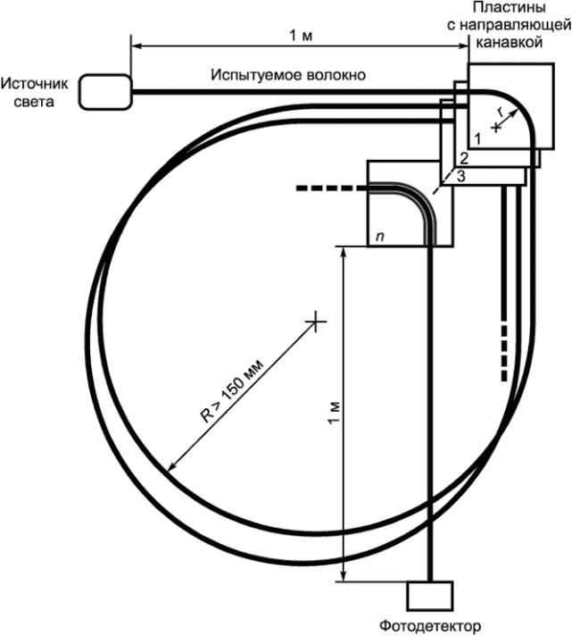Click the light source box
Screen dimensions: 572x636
tap(105, 92)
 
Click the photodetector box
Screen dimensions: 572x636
tap(430, 596)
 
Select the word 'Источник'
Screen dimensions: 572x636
tap(35, 84)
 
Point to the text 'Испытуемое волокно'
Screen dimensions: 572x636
tap(288, 75)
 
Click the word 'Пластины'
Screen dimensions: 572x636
tap(509, 8)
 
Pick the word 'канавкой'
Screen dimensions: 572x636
tap(509, 42)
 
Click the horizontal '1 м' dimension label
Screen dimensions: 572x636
tap(301, 36)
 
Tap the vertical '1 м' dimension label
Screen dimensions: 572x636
tap(334, 414)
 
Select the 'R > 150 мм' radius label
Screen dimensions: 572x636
tap(232, 390)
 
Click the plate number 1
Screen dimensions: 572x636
tap(477, 139)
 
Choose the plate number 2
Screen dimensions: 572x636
tap(464, 158)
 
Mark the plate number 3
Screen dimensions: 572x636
tap(461, 176)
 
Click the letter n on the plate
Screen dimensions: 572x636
tap(379, 237)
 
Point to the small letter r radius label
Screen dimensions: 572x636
tap(502, 112)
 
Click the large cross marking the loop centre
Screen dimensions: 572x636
tap(316, 322)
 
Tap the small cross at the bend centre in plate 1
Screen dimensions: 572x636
tap(496, 128)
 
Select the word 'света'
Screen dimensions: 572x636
tap(34, 102)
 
